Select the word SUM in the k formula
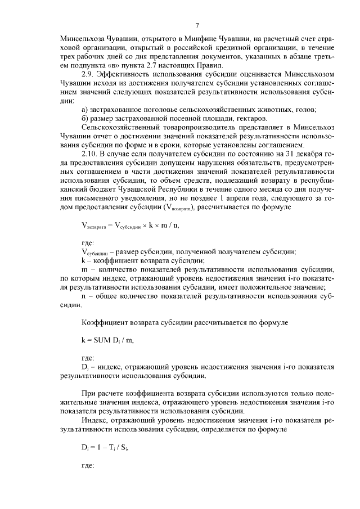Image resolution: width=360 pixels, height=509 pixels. tap(104, 340)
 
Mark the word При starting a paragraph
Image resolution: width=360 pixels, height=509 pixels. tap(88, 393)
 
